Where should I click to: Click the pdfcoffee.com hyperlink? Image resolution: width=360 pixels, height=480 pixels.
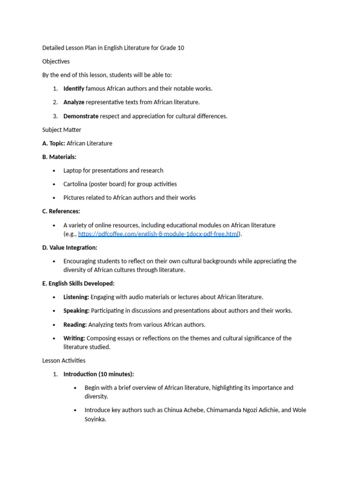pos(158,234)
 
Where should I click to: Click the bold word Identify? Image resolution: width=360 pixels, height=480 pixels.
pos(74,89)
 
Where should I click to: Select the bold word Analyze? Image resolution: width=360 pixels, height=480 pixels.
pos(74,102)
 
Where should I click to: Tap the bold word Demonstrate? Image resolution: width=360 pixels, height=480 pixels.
pos(81,116)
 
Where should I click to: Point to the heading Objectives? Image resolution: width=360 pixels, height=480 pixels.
pos(56,61)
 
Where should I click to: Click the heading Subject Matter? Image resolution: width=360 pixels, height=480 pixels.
pos(61,130)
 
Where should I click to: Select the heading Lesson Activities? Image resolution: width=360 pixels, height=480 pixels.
pos(64,360)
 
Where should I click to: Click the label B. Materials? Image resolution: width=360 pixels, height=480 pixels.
pos(59,157)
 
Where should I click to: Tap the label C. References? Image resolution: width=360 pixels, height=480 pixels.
pos(61,211)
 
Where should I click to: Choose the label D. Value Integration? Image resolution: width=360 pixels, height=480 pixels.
pos(70,247)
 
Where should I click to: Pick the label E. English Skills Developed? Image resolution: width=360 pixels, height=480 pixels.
pos(78,284)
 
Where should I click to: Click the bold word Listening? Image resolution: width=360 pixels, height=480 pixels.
pos(76,297)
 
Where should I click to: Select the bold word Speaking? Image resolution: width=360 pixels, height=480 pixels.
pos(76,311)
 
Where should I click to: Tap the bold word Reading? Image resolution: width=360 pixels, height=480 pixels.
pos(75,324)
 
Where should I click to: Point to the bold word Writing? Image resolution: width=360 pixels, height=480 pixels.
pos(74,338)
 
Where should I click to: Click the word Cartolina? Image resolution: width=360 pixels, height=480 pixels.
pos(75,184)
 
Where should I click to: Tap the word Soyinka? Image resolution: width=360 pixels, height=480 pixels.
pos(95,420)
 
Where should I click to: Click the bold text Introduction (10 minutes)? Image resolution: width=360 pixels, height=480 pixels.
pos(98,374)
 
